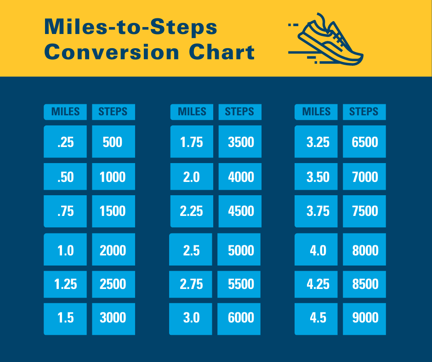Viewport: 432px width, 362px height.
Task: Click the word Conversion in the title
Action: (x=112, y=52)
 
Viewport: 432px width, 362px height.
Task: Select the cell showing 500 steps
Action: (x=114, y=141)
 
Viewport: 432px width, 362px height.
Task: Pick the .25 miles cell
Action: (x=65, y=141)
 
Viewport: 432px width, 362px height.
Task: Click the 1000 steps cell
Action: (x=114, y=176)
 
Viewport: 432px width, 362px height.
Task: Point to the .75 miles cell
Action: (x=65, y=211)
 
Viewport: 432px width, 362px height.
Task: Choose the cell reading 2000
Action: (x=114, y=249)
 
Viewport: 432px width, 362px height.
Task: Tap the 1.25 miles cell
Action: (x=65, y=284)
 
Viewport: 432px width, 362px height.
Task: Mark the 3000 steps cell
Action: (x=114, y=319)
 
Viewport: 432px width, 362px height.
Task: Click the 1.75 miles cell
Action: (x=192, y=141)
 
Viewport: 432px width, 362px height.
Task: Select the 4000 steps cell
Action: (x=240, y=176)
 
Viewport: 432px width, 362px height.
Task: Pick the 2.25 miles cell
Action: (x=192, y=211)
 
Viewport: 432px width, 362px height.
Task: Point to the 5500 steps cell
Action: (x=239, y=284)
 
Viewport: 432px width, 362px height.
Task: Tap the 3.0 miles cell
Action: (x=191, y=319)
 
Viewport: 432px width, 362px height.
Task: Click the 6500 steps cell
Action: (x=364, y=141)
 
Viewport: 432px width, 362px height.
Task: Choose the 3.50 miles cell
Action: (x=316, y=176)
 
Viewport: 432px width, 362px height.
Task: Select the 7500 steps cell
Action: (x=364, y=211)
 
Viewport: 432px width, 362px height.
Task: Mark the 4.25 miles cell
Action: (x=316, y=284)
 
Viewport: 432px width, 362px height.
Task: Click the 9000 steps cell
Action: (x=364, y=319)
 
